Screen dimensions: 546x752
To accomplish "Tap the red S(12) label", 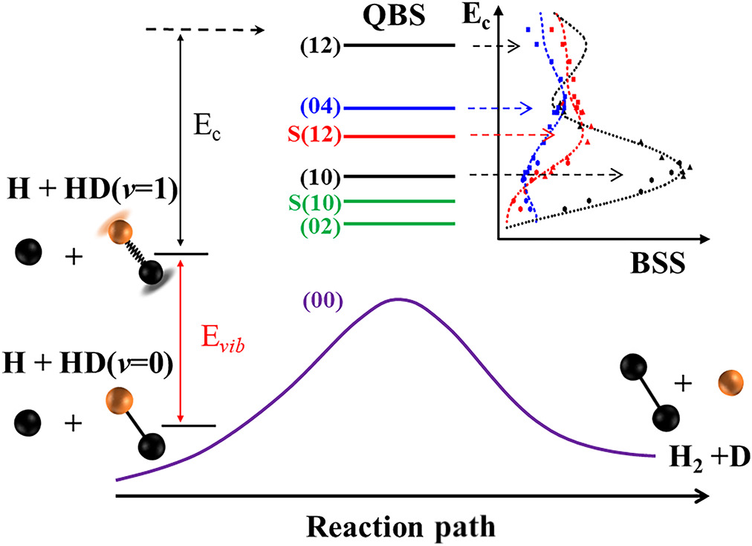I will (315, 137).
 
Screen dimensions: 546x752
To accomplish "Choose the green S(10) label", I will (315, 202).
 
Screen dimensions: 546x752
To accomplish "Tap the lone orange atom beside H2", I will (730, 386).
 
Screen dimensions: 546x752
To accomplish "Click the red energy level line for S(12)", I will (399, 137).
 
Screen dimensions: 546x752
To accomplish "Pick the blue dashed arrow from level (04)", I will (498, 109).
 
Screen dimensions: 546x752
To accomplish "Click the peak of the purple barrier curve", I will (398, 299).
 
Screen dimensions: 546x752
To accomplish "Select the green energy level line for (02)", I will (399, 224).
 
